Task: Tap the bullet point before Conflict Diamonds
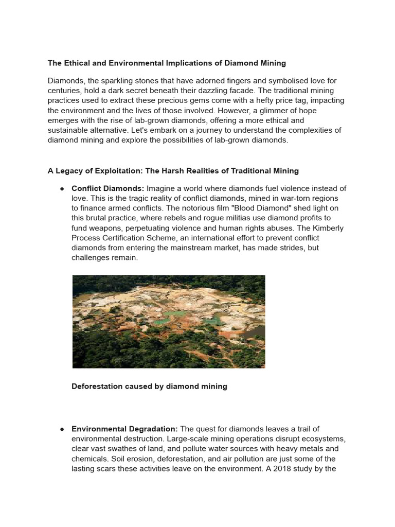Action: tap(62, 188)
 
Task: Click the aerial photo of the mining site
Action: tap(169, 322)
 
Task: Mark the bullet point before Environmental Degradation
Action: tap(62, 429)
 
